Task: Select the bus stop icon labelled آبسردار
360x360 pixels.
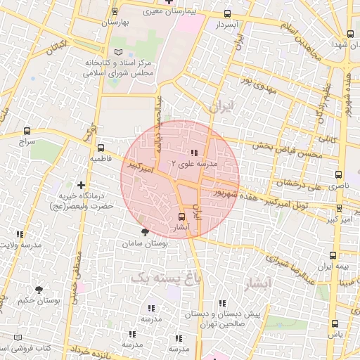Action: pos(226,14)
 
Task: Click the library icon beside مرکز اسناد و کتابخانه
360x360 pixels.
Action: pos(118,53)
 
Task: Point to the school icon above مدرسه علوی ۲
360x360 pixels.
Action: pos(194,153)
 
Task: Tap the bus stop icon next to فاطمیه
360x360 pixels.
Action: pos(101,148)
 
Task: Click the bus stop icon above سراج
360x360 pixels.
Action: pos(27,131)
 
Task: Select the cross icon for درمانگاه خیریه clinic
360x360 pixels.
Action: pos(82,185)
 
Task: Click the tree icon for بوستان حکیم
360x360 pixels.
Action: pos(39,289)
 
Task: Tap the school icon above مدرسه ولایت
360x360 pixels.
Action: pos(20,234)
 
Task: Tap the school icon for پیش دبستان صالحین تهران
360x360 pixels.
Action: pos(223,304)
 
